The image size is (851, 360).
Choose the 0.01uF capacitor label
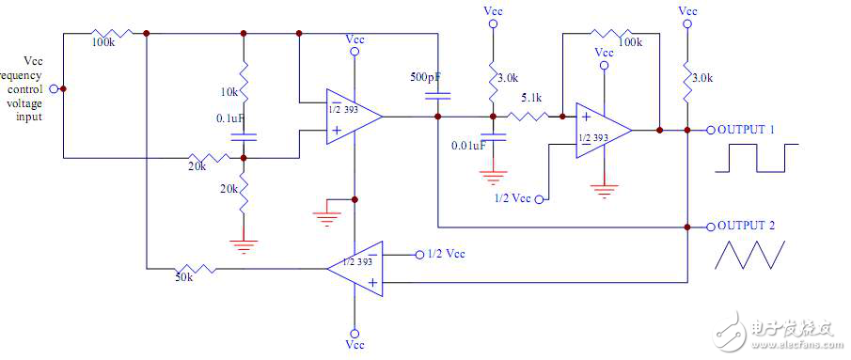click(467, 146)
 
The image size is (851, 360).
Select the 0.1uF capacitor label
click(231, 118)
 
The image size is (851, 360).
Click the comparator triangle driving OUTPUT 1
click(601, 130)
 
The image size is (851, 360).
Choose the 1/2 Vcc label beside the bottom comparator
click(446, 255)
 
